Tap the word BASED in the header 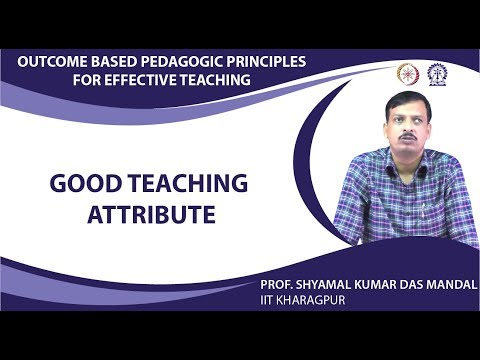(x=118, y=62)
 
